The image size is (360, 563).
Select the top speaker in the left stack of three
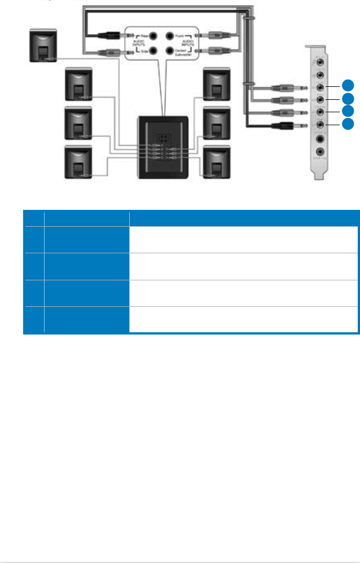point(80,85)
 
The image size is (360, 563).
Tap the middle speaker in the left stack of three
point(80,122)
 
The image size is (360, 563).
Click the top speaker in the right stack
point(216,85)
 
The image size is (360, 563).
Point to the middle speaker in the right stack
point(216,122)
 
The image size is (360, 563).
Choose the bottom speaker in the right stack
point(216,162)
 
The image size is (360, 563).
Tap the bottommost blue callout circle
point(349,124)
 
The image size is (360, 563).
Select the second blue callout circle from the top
point(349,98)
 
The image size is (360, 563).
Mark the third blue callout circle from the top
point(349,111)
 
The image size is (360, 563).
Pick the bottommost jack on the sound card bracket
point(321,151)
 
